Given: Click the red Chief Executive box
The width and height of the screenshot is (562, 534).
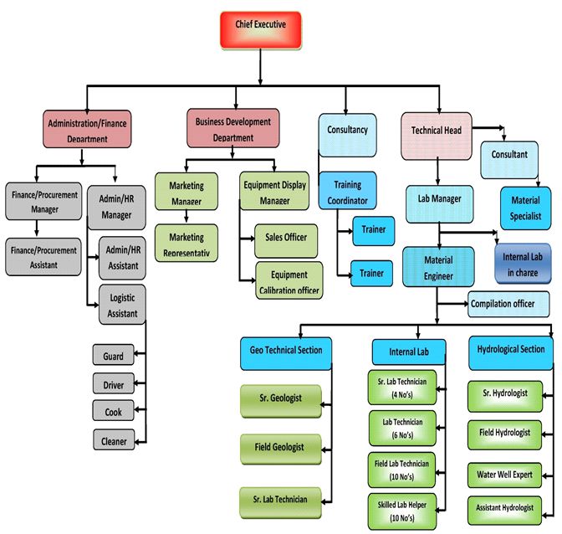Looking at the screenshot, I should (260, 30).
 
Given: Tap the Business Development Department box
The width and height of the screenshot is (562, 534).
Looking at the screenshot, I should (232, 129).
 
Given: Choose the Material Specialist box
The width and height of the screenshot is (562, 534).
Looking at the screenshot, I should (525, 206).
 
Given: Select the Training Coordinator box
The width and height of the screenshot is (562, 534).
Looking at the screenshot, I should (347, 191).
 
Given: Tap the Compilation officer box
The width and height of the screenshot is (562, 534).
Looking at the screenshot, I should (508, 303).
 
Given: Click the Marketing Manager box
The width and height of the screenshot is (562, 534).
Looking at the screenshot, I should (186, 193).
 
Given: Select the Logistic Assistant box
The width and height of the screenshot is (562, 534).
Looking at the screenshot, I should (122, 304).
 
